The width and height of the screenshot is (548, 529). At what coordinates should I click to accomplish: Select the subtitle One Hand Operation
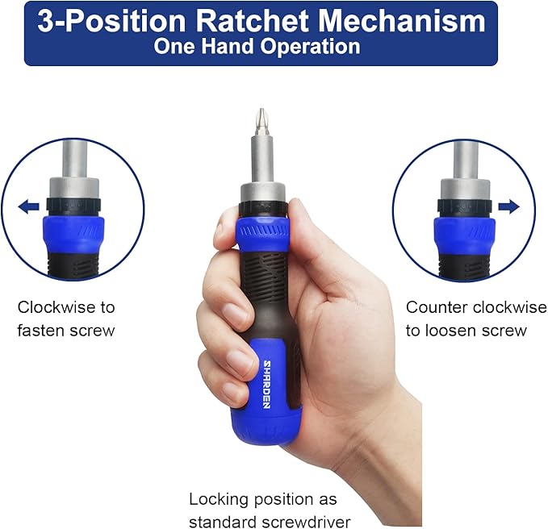tap(257, 46)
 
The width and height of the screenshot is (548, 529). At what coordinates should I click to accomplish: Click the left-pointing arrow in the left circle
tap(29, 207)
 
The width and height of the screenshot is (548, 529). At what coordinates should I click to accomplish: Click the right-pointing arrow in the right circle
tap(508, 206)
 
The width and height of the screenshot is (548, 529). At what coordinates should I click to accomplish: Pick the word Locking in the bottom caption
tap(220, 500)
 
